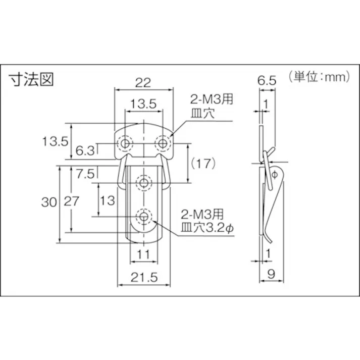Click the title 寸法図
pyautogui.click(x=31, y=79)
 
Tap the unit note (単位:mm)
pyautogui.click(x=320, y=77)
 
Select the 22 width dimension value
pyautogui.click(x=144, y=82)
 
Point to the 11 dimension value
pyautogui.click(x=144, y=255)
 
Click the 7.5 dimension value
pyautogui.click(x=85, y=174)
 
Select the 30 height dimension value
pyautogui.click(x=49, y=202)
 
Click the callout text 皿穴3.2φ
pyautogui.click(x=208, y=228)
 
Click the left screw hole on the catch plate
pyautogui.click(x=124, y=144)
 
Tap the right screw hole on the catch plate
pyautogui.click(x=163, y=144)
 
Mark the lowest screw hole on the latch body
pyautogui.click(x=144, y=217)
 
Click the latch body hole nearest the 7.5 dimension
pyautogui.click(x=144, y=182)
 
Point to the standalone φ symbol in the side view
pyautogui.click(x=275, y=174)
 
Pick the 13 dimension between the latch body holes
pyautogui.click(x=108, y=200)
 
